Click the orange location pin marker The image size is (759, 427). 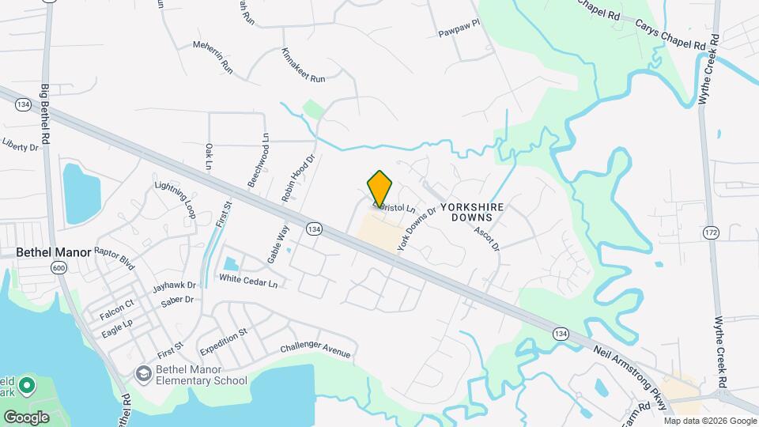point(380,188)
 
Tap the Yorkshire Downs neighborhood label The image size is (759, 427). point(472,211)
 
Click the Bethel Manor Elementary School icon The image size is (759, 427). point(143,372)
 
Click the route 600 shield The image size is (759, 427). point(60,268)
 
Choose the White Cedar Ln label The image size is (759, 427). point(248,280)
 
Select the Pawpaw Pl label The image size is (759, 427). point(459,34)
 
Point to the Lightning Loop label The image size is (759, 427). point(176,198)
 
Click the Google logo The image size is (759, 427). point(27,417)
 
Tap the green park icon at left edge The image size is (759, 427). point(26,387)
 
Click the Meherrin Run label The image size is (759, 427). point(213,56)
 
